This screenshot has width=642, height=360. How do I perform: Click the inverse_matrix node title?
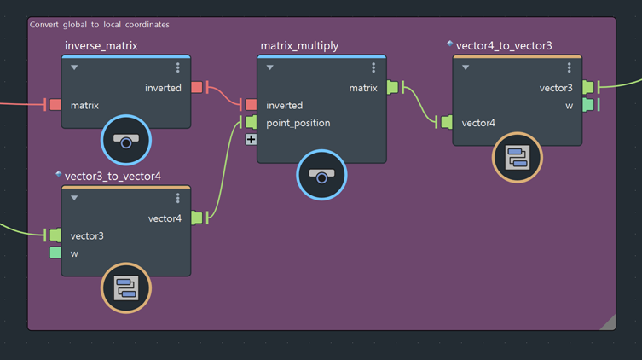coord(101,45)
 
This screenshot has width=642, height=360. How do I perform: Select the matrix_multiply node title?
coord(299,45)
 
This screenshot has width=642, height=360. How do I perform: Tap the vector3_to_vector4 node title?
coord(113,177)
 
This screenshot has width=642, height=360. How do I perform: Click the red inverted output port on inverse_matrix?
coord(197,87)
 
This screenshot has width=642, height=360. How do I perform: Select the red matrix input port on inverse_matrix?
coord(55,105)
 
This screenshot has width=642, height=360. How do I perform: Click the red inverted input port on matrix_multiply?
coord(251,105)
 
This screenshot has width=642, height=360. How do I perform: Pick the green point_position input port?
coord(251,123)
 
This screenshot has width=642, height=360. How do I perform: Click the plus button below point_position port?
coord(251,140)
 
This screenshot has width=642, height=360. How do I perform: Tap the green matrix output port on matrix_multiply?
coord(392,87)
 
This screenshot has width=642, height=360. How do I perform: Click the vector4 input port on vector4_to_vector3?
coord(446,123)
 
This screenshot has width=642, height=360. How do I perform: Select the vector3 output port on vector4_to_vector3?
coord(587,87)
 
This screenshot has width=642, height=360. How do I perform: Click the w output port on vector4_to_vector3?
coord(587,105)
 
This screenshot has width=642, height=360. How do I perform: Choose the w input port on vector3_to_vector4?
coord(55,253)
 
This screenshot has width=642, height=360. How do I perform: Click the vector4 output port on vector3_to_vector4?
coord(197,218)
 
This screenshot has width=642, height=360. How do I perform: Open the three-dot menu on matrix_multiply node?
coord(373,67)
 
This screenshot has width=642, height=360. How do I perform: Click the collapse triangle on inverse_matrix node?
coord(74,67)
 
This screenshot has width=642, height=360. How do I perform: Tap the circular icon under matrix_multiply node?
coord(321,175)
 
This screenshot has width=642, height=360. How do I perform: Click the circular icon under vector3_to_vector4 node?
coord(126,287)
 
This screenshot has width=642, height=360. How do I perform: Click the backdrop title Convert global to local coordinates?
coord(100,25)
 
